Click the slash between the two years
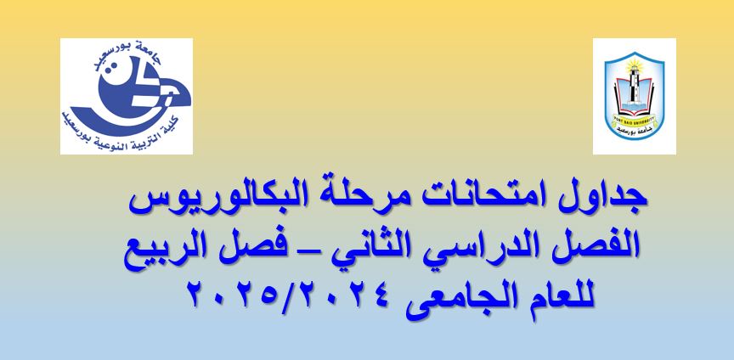291,294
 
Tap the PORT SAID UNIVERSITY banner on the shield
635,118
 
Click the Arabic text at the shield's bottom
635,128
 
